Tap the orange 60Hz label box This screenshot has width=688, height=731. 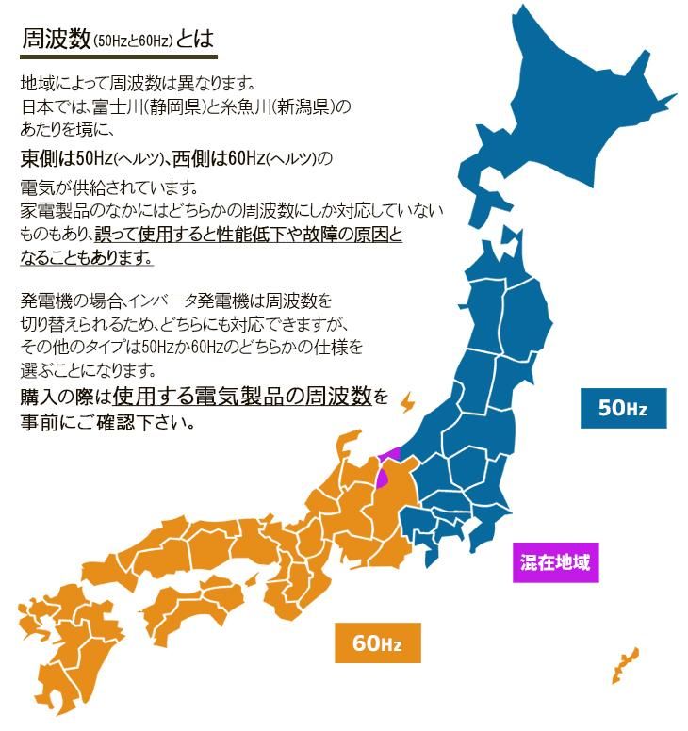click(377, 643)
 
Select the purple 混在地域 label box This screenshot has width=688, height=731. click(556, 563)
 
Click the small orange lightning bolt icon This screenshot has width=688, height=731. click(407, 402)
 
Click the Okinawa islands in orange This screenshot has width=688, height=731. click(625, 664)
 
